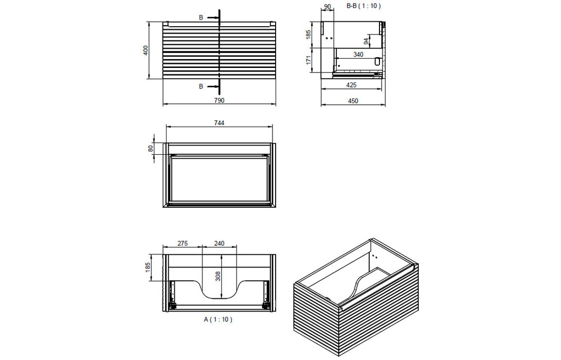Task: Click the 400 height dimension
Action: (x=146, y=50)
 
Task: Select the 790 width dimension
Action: (x=219, y=101)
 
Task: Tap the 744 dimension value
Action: (x=219, y=123)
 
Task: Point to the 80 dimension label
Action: (x=151, y=148)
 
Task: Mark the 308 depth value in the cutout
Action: (x=218, y=277)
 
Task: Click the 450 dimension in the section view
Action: (x=353, y=101)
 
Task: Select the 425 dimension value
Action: (x=352, y=85)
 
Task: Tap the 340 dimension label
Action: (x=358, y=54)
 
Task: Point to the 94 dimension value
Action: (x=366, y=41)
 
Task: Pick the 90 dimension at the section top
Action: (x=327, y=7)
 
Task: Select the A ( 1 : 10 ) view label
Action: (x=219, y=319)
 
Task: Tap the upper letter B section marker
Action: (x=201, y=17)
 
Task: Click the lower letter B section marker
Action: (x=201, y=86)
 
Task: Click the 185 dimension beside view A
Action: (x=148, y=267)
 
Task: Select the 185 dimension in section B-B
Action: (x=308, y=35)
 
